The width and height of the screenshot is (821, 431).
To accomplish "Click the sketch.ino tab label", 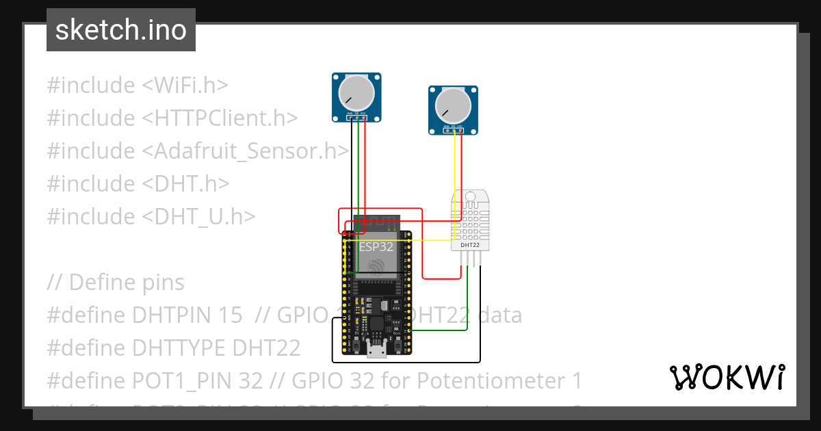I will point(120,30).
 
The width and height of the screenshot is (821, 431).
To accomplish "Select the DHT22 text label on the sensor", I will point(469,244).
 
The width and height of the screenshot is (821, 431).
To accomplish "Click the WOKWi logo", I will point(727,377).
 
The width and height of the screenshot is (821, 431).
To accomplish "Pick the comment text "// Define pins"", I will point(116,282).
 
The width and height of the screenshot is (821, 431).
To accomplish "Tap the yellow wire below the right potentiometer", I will point(455,164).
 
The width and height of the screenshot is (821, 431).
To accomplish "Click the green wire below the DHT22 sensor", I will point(467,301).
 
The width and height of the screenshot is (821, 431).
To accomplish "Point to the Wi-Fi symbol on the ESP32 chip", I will point(375,266).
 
